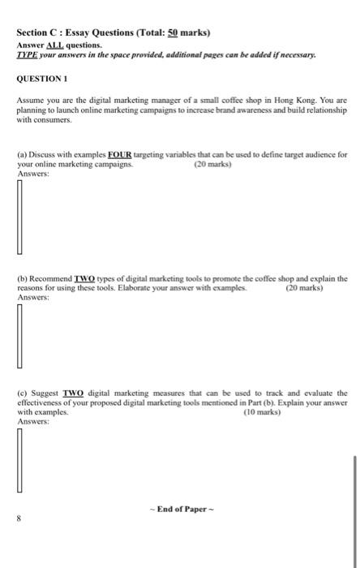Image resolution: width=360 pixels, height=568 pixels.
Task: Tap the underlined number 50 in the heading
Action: coord(172,33)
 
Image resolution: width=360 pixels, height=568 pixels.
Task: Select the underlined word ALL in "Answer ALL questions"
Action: coord(59,45)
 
